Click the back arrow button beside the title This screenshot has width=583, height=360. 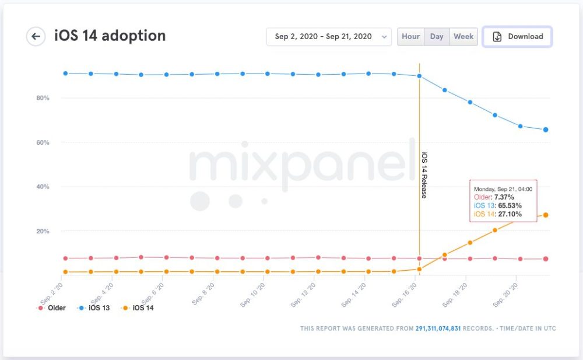(36, 36)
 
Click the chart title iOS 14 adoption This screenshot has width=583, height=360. (110, 36)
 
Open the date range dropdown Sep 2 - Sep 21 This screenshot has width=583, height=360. (329, 36)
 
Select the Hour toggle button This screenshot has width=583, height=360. (410, 36)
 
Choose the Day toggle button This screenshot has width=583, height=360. (437, 36)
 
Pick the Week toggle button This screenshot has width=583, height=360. (463, 36)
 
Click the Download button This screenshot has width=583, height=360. (517, 36)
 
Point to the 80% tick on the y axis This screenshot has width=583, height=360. (42, 98)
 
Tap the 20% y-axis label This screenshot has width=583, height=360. (42, 231)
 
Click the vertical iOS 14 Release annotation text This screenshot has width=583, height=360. (424, 175)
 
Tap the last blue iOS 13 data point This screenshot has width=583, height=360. (546, 130)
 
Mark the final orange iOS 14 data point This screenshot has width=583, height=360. (546, 215)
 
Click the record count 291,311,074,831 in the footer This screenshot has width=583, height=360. (438, 328)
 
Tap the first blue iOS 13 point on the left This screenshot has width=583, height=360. (65, 73)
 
